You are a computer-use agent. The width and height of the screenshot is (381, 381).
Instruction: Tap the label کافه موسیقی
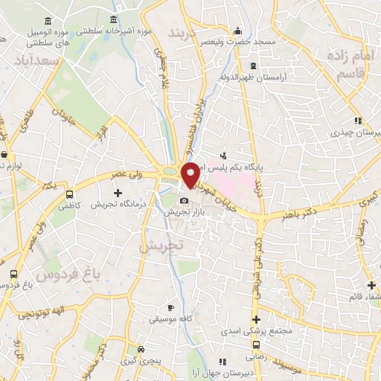(170, 318)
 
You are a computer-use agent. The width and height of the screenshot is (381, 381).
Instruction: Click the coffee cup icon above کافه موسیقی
(170, 307)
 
